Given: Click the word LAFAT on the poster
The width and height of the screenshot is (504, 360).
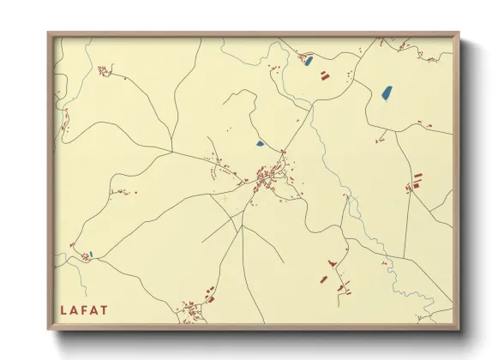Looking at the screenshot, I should (84, 309).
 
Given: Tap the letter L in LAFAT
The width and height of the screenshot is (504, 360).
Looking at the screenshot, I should (63, 309).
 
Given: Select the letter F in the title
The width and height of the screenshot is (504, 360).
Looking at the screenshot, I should (85, 309).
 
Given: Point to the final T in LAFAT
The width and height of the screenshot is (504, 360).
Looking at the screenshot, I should (105, 309).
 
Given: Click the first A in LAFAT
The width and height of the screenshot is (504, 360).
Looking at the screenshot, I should (74, 309).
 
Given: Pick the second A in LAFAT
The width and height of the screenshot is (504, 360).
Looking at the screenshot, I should (94, 309).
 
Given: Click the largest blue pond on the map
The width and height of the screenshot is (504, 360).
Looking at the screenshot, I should (386, 89).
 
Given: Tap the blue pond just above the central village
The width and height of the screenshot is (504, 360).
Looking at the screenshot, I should (260, 143).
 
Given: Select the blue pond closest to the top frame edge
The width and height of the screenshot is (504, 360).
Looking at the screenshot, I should (309, 60).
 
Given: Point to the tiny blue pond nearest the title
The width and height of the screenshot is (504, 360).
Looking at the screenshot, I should (89, 254).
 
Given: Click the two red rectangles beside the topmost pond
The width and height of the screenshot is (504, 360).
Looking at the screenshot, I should (325, 75).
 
